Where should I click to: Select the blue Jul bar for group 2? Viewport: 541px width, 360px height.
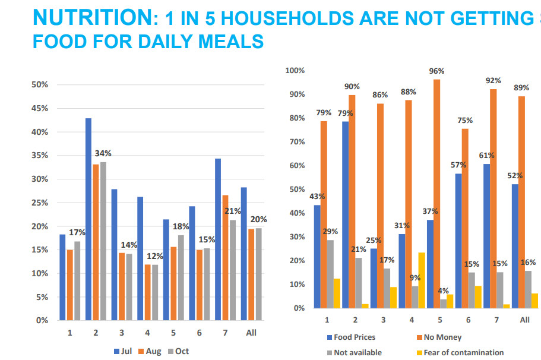(x=88, y=219)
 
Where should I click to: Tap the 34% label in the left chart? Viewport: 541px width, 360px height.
(x=104, y=153)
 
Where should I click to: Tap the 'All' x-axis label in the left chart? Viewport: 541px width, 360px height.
(x=251, y=333)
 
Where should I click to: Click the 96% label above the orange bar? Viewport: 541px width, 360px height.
(x=437, y=71)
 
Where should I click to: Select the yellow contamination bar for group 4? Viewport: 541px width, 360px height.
(x=422, y=280)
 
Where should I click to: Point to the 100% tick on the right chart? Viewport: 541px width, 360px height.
(x=295, y=71)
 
